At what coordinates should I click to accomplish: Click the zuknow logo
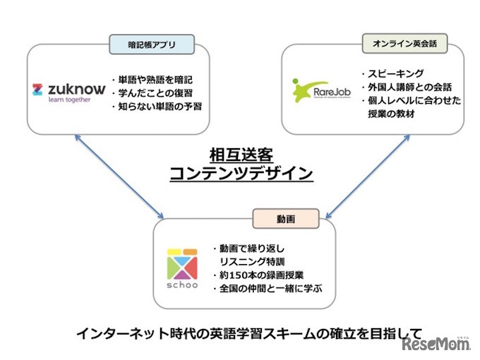coord(68,90)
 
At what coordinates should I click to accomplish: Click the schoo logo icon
coord(182,265)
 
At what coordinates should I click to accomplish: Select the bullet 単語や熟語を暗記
coord(151,78)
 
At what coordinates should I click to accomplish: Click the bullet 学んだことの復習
coord(151,92)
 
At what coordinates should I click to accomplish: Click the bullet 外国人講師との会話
coord(405,87)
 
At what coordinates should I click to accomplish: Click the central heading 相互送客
coord(241,153)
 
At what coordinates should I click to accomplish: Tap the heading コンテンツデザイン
coord(241,173)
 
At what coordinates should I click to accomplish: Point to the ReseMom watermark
coord(436,344)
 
